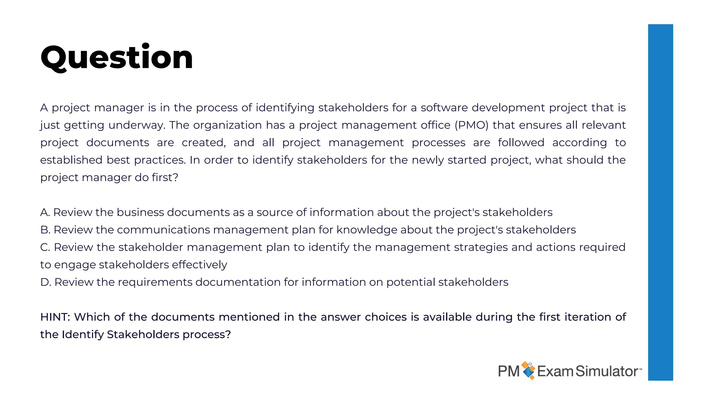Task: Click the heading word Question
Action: pos(117,57)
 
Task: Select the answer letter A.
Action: pos(45,212)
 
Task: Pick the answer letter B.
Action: pos(45,230)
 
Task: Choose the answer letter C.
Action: pos(45,247)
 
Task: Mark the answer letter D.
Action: pos(45,282)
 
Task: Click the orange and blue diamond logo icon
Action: pos(528,370)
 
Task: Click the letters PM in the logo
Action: pos(509,371)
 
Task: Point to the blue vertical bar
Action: pos(660,202)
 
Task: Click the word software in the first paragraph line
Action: pos(444,108)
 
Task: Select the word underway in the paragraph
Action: pos(136,125)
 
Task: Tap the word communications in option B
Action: pos(163,230)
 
